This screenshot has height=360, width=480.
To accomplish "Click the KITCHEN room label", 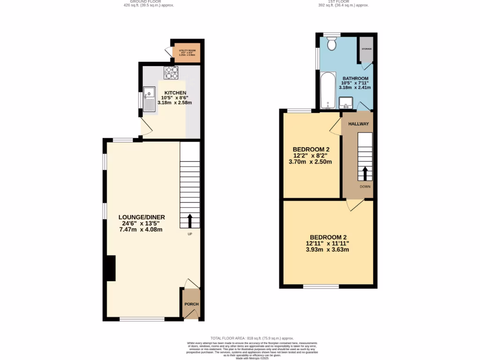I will tap(175, 93).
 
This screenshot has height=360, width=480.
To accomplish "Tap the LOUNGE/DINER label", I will tap(142, 217).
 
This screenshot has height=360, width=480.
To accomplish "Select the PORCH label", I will tap(191, 304).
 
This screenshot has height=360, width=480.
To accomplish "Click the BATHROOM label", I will tap(355, 78).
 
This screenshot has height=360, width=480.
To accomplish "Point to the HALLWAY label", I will tap(358, 124).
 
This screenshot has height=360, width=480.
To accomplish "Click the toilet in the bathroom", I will tap(332, 44).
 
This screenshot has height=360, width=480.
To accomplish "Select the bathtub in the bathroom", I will tap(328, 90).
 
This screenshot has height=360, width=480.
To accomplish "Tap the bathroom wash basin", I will tap(345, 102).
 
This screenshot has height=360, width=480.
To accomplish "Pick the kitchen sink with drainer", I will tap(150, 99).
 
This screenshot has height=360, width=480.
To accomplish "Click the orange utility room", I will tap(187, 53).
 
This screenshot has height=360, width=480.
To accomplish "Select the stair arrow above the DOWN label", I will tap(365, 174).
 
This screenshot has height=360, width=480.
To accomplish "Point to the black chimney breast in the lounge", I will tap(111, 268).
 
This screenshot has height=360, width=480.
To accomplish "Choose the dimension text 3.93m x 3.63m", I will tap(328, 249).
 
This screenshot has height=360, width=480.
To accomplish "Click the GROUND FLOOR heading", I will tap(145, 2).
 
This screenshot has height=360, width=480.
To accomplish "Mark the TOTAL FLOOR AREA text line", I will tap(252, 338).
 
